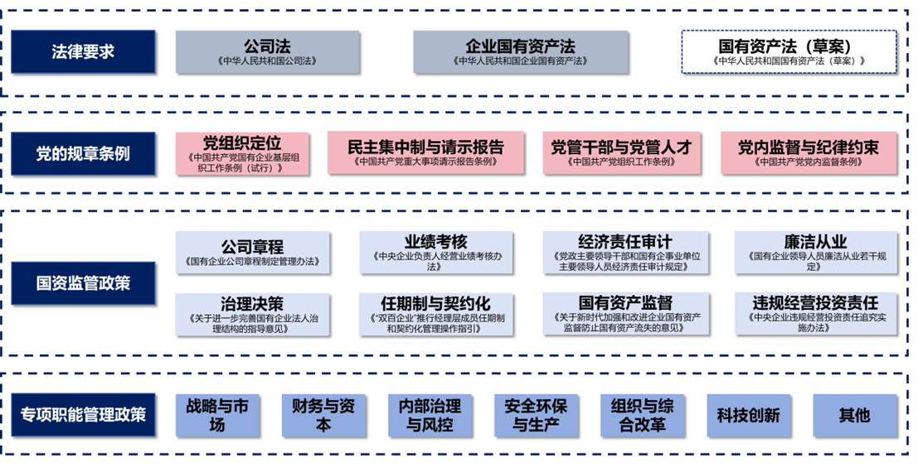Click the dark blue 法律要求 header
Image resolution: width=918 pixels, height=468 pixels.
pos(83,51)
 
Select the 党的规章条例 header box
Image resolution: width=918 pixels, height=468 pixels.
pos(83,153)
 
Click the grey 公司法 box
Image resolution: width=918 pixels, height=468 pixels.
pos(267,52)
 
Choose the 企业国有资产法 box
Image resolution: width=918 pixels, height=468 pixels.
pos(519,52)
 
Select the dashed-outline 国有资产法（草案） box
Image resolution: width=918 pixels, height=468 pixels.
pos(789,52)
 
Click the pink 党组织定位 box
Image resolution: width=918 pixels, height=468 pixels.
pos(241,153)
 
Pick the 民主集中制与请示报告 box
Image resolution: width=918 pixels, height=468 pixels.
pos(426,153)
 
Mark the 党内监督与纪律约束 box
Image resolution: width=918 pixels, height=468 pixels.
pos(808,153)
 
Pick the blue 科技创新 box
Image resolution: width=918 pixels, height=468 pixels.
pos(748,415)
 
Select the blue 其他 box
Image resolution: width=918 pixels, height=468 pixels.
pos(854,415)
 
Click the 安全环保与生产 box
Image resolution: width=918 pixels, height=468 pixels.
pos(536,415)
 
